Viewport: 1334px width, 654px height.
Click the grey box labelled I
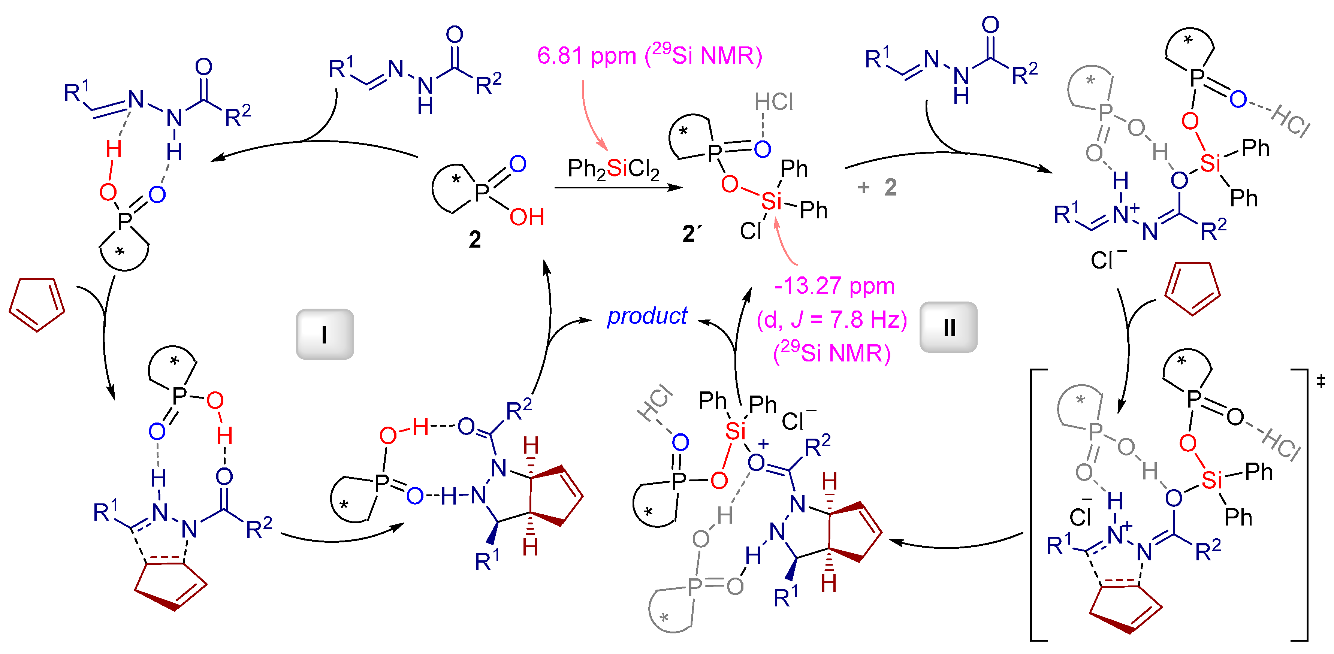pos(325,334)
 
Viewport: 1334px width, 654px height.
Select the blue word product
pos(647,316)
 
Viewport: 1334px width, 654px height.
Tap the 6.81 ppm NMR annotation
pos(649,55)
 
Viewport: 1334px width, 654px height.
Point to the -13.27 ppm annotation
pos(834,285)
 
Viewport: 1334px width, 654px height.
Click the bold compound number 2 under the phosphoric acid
pos(474,239)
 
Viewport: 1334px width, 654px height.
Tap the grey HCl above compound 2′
pos(774,102)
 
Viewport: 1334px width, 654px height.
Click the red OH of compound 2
pos(526,217)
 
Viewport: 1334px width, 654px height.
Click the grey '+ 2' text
pos(877,187)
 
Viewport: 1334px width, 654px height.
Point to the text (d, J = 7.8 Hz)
pos(832,320)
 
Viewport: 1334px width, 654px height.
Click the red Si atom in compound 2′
pos(771,200)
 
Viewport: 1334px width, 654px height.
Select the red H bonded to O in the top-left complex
pos(114,150)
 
